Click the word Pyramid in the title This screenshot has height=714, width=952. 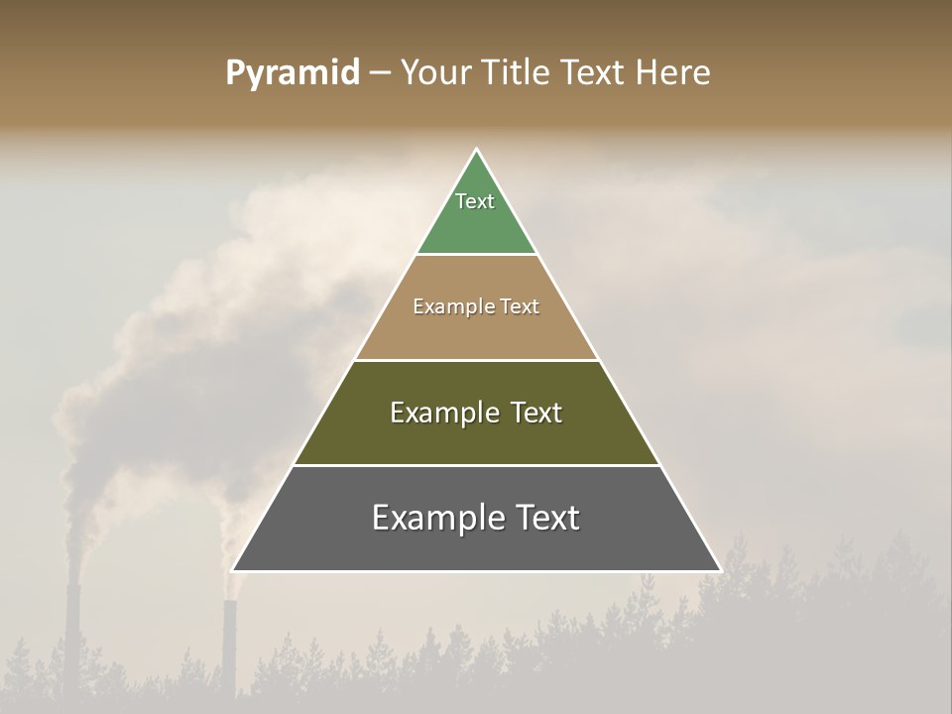292,73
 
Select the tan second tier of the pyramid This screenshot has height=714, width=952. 476,332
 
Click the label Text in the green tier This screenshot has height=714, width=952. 475,201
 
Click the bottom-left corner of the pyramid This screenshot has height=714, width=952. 234,570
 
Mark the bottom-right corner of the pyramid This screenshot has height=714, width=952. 719,570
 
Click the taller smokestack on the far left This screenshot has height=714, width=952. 72,635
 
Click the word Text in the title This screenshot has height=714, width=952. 595,73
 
